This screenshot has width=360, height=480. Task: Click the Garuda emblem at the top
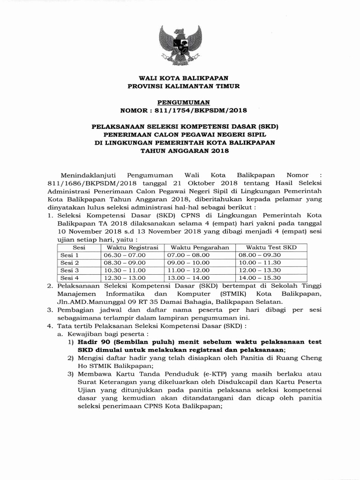(x=180, y=45)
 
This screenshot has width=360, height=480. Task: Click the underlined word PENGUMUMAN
(x=180, y=102)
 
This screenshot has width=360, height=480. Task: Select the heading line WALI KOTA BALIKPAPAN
(x=180, y=78)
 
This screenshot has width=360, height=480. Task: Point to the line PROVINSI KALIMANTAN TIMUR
(x=180, y=86)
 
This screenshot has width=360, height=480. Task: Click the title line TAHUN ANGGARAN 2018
(x=180, y=151)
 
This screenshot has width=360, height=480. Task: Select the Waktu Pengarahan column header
(x=199, y=247)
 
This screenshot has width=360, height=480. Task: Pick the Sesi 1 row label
(x=70, y=255)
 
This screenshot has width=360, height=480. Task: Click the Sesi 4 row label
(x=70, y=277)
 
